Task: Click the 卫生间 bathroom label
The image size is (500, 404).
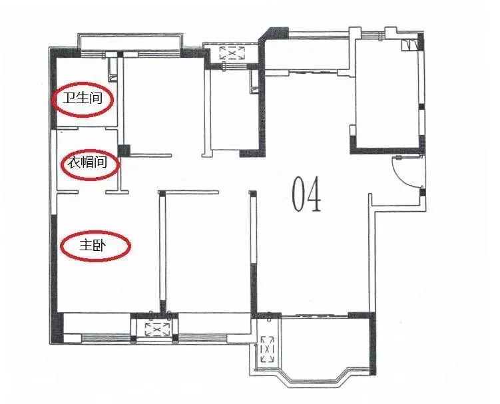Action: pos(83,98)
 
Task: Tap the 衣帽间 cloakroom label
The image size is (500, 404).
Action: pos(87,163)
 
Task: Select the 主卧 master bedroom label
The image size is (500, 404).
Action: pos(91,246)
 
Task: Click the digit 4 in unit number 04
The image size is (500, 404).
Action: pos(314,194)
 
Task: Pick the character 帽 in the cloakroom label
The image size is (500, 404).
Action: pos(87,163)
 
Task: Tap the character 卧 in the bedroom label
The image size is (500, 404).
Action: pos(98,246)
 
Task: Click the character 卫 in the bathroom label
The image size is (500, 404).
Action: pos(69,98)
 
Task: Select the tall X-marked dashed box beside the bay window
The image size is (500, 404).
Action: pos(267,349)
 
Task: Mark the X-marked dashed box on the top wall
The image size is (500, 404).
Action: pos(232,53)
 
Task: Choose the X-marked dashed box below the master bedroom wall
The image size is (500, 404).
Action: pos(157,329)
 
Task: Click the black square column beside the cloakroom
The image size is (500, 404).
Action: pos(124,150)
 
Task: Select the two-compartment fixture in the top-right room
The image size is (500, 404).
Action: pos(409,45)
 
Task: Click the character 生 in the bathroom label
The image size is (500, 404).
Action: pos(83,98)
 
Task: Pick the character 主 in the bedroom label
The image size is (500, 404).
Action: pos(85,246)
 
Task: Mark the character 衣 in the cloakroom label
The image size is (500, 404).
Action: pos(73,163)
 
